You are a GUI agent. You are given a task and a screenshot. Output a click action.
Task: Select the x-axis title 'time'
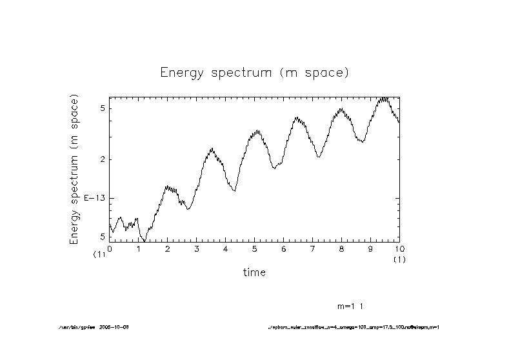click(x=254, y=272)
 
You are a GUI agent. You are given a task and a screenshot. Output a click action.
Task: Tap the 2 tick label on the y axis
click(x=102, y=159)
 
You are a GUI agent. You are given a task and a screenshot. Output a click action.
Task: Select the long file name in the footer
click(x=354, y=327)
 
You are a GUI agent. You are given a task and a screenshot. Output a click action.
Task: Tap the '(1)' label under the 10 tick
click(x=399, y=259)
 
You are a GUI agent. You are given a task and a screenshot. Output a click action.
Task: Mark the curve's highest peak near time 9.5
click(x=384, y=98)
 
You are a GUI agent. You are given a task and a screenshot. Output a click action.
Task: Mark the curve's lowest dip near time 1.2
click(x=145, y=240)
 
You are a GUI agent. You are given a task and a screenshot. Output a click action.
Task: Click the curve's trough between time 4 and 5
click(x=235, y=191)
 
